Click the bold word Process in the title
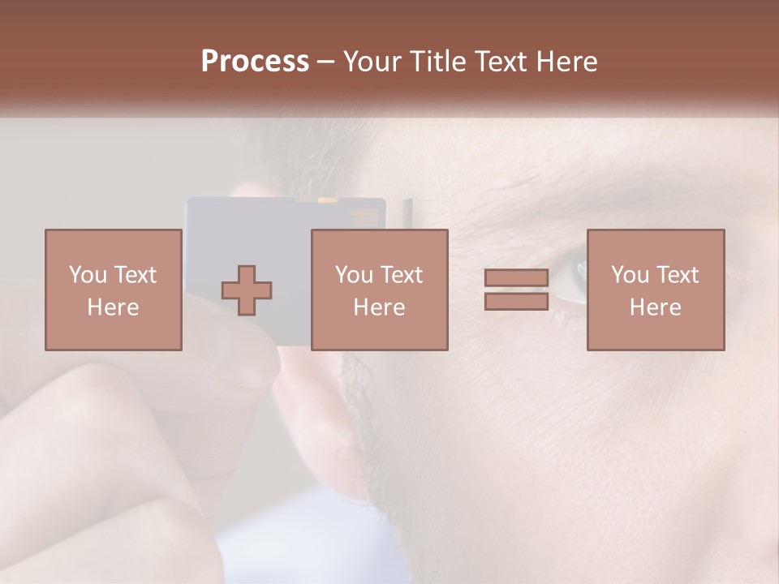[x=255, y=61]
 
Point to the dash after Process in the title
[x=326, y=62]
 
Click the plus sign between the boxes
[x=247, y=290]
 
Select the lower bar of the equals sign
[x=516, y=301]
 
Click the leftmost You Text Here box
[x=113, y=290]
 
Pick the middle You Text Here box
[x=379, y=290]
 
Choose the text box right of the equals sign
[x=655, y=290]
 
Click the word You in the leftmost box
[x=86, y=274]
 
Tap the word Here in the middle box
[x=379, y=307]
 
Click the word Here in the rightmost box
[x=655, y=307]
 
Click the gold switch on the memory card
[x=328, y=199]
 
